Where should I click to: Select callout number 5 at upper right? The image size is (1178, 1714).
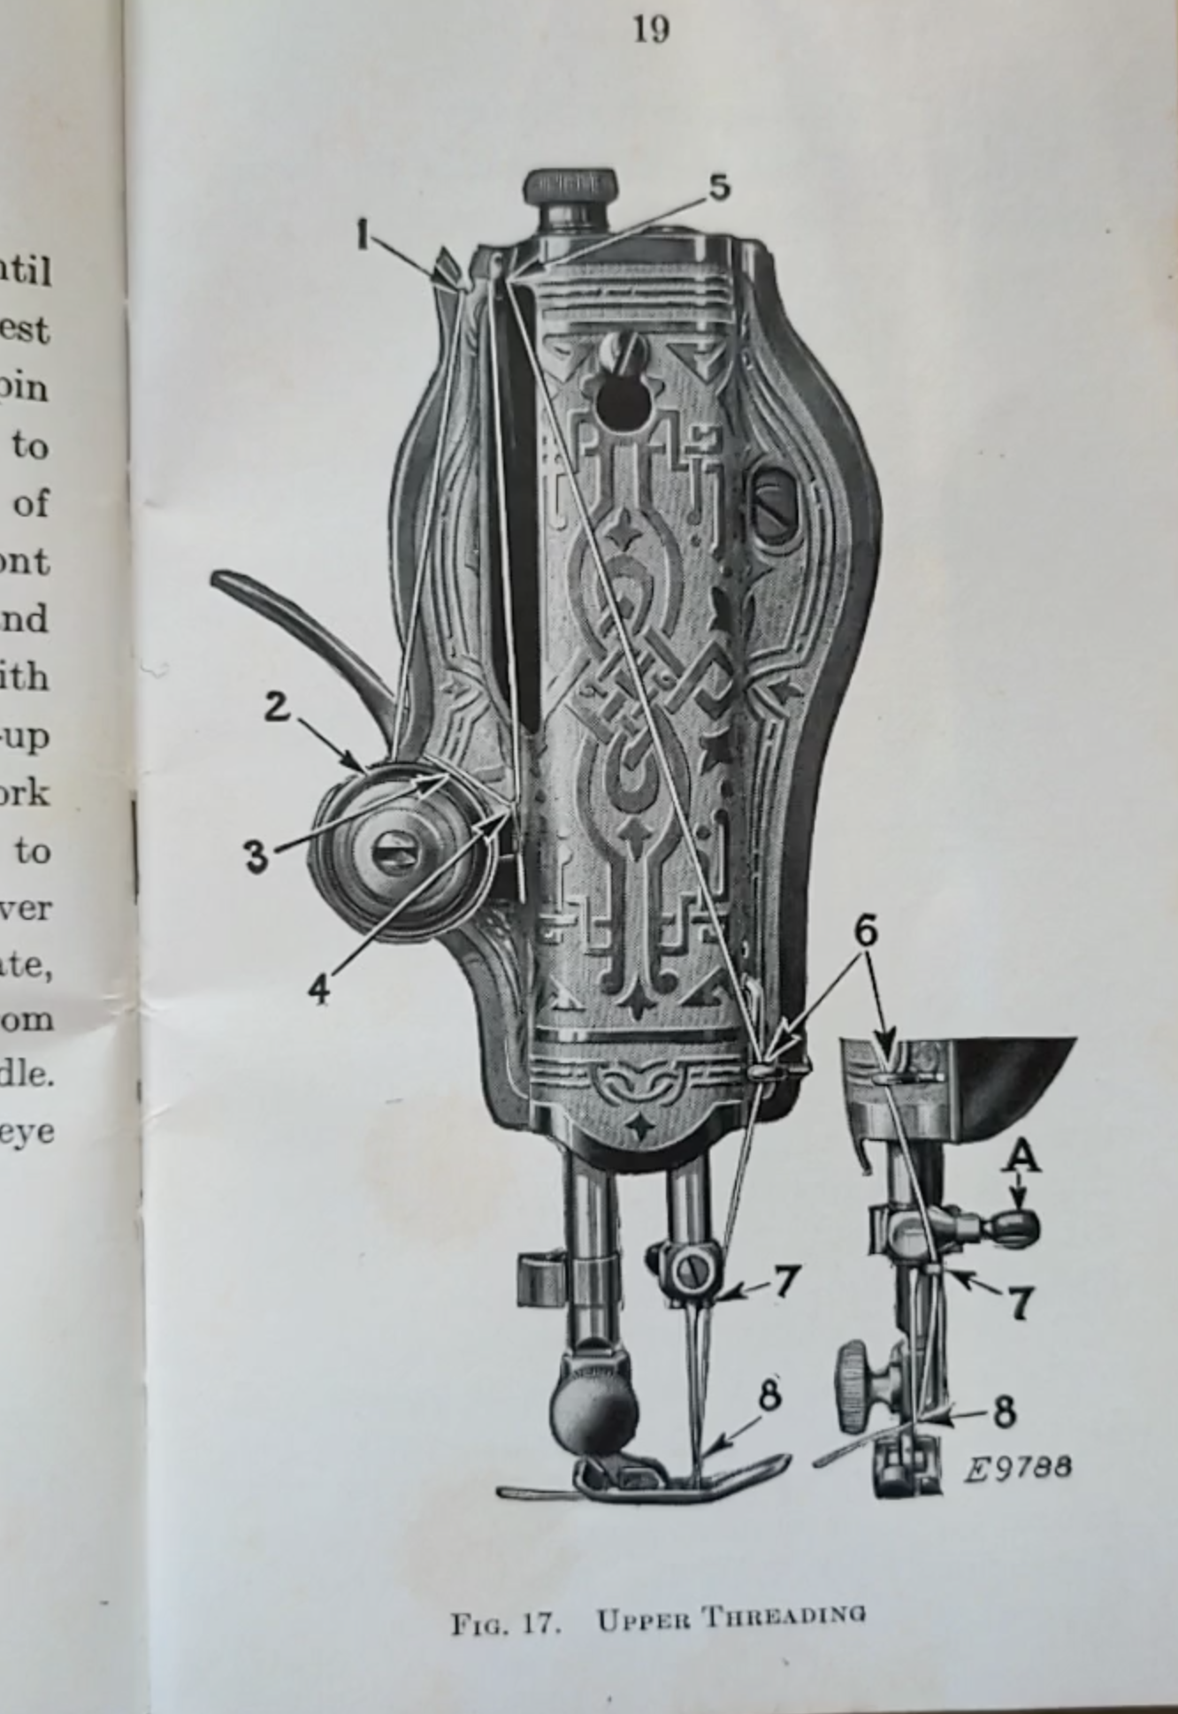click(720, 187)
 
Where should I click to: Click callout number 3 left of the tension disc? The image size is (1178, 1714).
click(256, 856)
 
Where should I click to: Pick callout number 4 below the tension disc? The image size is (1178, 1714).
click(319, 988)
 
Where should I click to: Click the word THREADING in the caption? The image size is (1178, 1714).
click(784, 1618)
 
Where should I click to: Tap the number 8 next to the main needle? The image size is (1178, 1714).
click(769, 1395)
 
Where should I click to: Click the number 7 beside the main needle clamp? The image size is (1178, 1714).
click(787, 1282)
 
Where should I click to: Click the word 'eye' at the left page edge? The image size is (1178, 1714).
click(27, 1132)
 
